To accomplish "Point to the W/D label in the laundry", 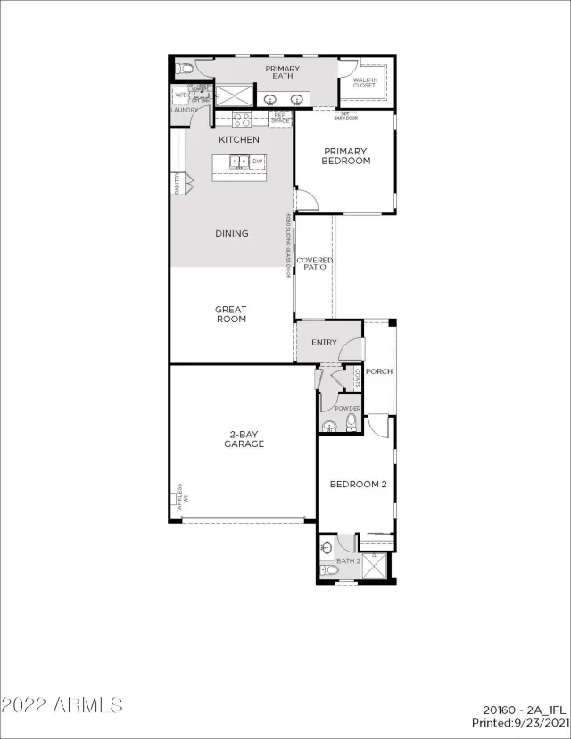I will (181, 94).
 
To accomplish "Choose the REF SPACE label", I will (279, 117).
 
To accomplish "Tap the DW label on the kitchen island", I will (256, 162).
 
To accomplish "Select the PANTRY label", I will (177, 183).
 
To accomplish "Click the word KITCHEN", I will (239, 140).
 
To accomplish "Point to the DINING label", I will (232, 234).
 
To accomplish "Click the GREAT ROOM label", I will (231, 314).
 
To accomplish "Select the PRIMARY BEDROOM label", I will (346, 156).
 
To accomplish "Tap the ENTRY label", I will (324, 343).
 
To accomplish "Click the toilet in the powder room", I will (351, 423).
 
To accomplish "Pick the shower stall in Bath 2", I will (377, 566).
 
